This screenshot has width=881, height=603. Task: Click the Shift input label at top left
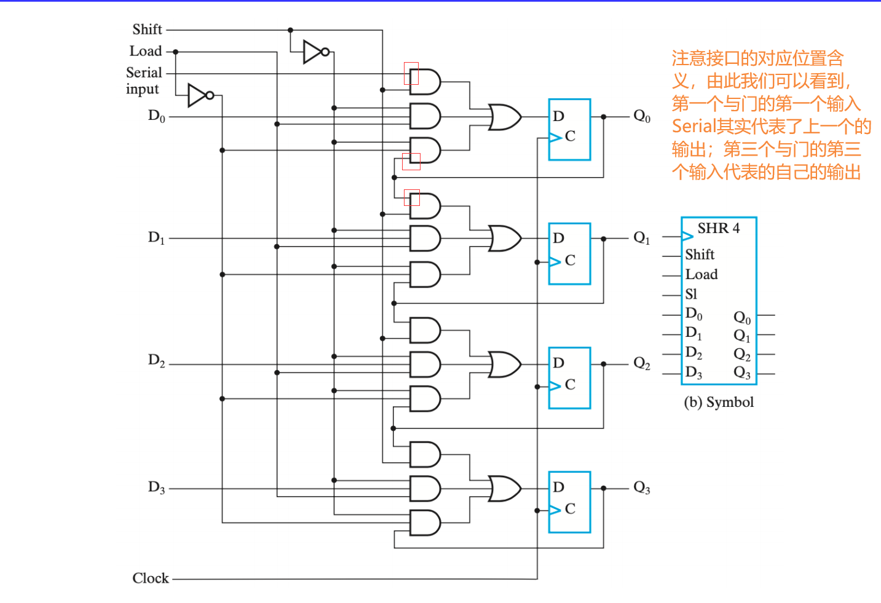147,30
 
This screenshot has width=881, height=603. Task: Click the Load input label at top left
146,52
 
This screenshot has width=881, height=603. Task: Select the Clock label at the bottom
151,578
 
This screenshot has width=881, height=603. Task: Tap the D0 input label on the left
156,116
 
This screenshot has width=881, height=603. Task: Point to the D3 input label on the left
156,488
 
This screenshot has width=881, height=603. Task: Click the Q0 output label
642,116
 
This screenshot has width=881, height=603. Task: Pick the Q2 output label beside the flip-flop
642,364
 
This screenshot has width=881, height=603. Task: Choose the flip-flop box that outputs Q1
569,253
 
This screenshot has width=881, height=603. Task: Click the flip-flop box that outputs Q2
569,377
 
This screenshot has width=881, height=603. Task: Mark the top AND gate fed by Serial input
425,82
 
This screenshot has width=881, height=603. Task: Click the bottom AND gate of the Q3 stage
425,522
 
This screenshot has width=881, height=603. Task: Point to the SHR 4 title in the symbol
718,229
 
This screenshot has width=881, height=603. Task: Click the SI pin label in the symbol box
691,294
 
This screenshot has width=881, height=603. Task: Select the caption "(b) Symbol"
718,402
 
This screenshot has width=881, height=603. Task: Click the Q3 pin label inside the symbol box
742,372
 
